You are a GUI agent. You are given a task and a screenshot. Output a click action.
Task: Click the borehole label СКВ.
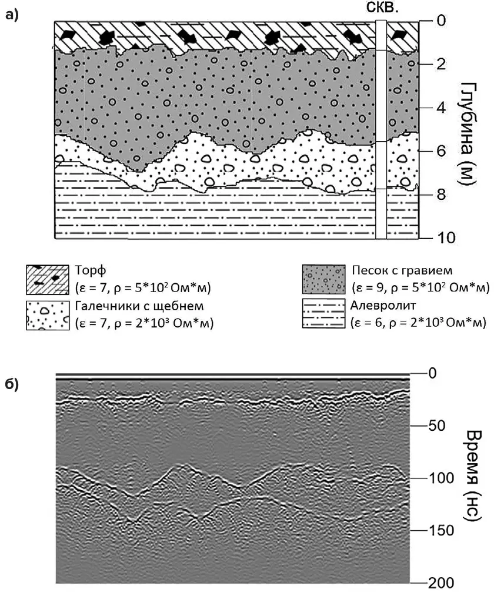click(382, 8)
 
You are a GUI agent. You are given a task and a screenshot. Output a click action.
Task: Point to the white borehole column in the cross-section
click(381, 129)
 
